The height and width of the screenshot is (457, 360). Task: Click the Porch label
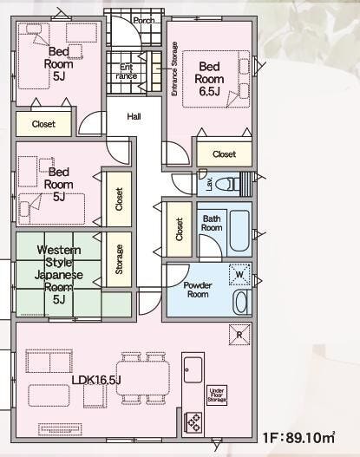tap(144, 21)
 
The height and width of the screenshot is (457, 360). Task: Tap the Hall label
tap(134, 116)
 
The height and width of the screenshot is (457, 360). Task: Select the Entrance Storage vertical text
tap(174, 69)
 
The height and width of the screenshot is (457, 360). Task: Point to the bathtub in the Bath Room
tap(239, 231)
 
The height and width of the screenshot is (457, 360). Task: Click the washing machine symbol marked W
tap(239, 274)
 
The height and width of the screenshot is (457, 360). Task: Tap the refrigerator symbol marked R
tap(239, 335)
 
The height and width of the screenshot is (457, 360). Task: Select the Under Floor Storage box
tap(217, 395)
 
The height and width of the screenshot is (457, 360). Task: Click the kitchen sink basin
tap(193, 369)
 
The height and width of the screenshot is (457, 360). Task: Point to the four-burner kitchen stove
tap(193, 422)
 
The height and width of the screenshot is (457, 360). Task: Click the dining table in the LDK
tap(143, 378)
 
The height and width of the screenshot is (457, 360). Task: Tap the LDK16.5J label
tap(96, 380)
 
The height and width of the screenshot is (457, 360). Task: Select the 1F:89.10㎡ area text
tap(298, 437)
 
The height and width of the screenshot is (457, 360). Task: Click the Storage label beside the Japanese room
tap(119, 259)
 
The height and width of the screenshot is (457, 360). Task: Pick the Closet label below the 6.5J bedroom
tap(224, 153)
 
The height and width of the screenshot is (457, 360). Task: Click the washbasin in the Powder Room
tap(242, 303)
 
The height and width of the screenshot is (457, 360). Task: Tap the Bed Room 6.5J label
tap(209, 79)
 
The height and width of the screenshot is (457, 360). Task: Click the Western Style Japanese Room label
tap(59, 275)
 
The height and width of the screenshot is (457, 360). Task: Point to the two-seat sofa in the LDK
tap(49, 361)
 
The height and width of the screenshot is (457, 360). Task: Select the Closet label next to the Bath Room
tap(179, 230)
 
